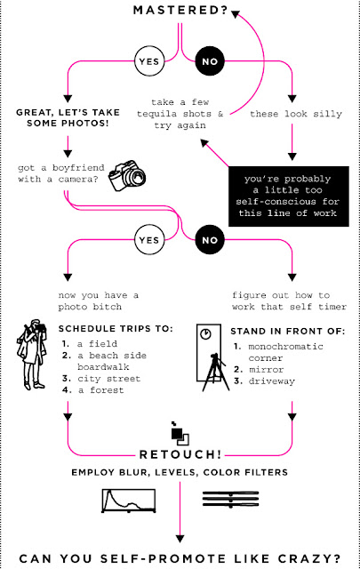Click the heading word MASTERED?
(180, 10)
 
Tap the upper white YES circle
(149, 61)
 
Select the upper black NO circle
(210, 61)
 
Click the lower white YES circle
(149, 240)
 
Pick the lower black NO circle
(210, 240)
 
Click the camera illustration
(127, 175)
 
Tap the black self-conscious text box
(289, 196)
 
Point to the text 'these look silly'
(296, 114)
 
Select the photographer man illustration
(32, 355)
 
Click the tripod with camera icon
(216, 372)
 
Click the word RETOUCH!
(180, 454)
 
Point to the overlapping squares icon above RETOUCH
(180, 433)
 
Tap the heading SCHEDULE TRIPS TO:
(116, 329)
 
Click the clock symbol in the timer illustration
(205, 333)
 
